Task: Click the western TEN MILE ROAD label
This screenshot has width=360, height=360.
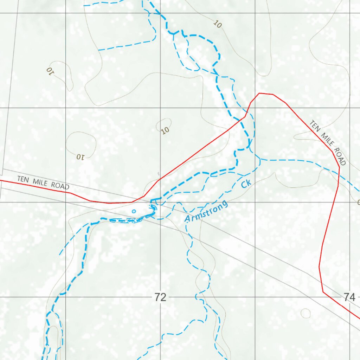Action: (43, 183)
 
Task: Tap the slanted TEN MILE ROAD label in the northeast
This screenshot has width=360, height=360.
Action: (328, 143)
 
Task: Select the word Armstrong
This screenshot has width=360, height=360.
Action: (206, 212)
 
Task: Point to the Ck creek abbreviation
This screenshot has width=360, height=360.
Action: (246, 183)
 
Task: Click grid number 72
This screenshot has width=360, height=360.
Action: (160, 297)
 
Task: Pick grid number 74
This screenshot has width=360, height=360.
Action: (349, 297)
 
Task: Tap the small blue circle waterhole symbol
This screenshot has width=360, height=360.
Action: (134, 211)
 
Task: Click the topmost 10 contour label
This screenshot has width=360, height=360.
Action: (218, 24)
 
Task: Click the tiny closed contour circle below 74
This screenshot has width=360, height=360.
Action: (306, 313)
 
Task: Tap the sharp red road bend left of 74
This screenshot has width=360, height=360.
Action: (323, 291)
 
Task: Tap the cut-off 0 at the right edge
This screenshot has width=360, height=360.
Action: (358, 202)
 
